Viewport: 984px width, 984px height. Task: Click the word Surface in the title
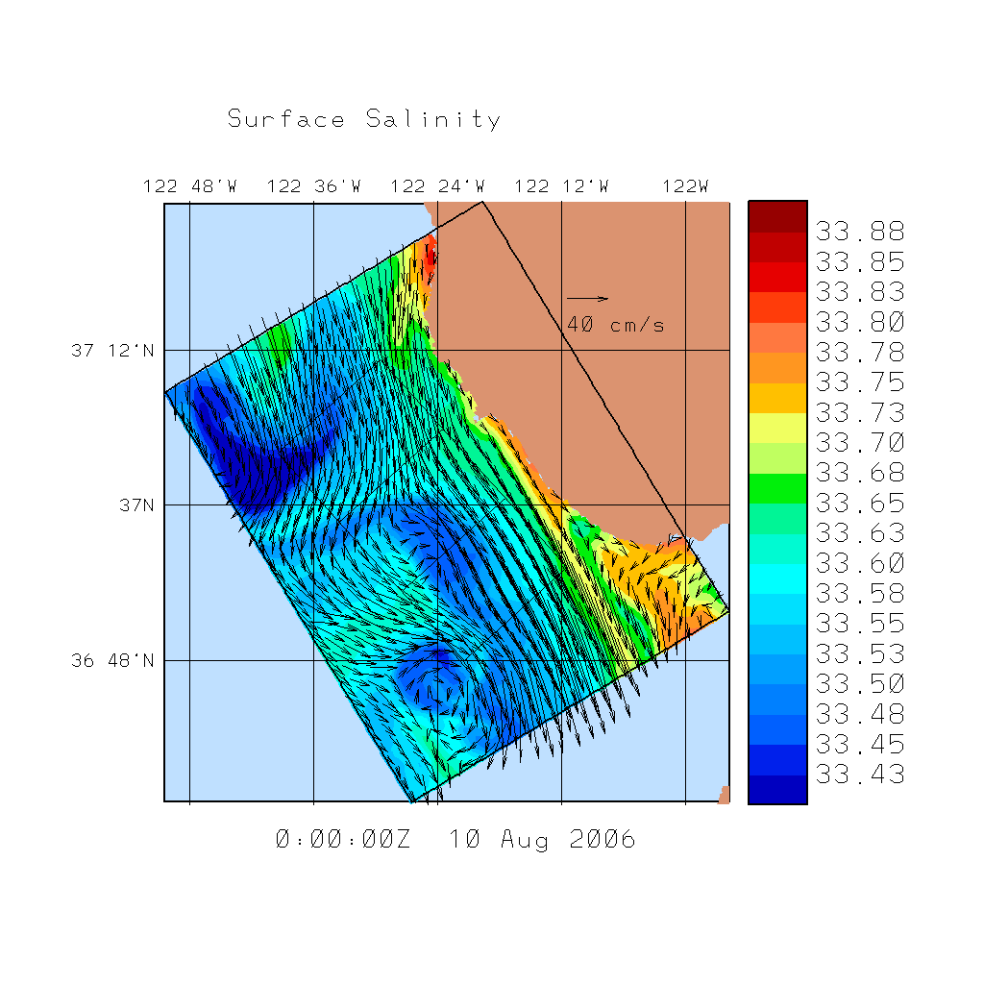coord(286,120)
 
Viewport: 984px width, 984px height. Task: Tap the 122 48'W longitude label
coord(190,186)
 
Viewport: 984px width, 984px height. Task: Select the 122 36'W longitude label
coord(314,186)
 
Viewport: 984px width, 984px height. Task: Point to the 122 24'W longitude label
coord(438,186)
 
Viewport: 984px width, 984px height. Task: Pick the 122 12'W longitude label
coord(561,186)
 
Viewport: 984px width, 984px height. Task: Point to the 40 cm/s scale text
coord(615,325)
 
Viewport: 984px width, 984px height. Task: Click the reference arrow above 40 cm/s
coord(587,298)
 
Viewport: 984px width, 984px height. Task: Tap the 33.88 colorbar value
coord(860,232)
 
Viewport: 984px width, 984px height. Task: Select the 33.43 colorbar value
coord(860,775)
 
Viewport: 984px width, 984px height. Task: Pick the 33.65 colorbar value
coord(860,503)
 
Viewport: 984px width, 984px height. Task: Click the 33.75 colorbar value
coord(860,382)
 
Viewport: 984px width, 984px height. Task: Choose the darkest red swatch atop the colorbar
coord(777,216)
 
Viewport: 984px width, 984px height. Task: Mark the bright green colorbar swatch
coord(777,488)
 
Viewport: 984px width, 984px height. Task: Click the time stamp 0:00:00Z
coord(343,840)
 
